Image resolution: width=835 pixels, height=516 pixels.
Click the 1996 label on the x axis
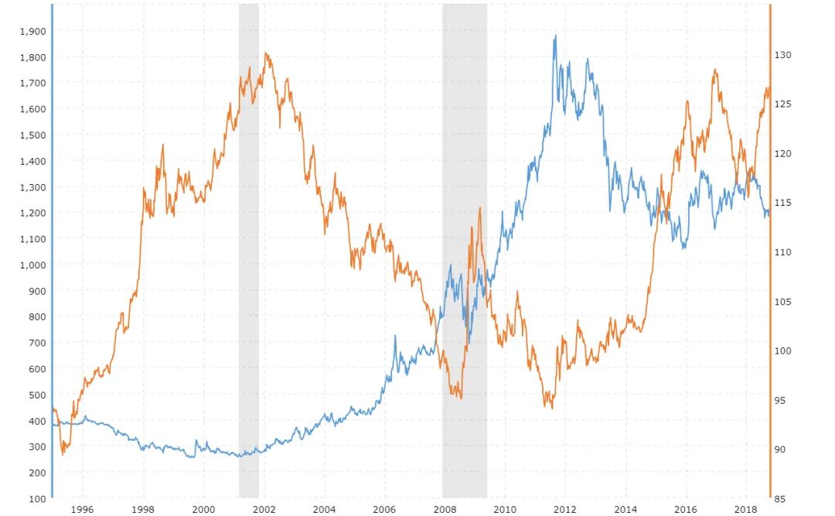pos(82,508)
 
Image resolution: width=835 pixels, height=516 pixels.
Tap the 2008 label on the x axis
pos(444,508)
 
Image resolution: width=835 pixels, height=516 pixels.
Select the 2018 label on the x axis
pos(746,508)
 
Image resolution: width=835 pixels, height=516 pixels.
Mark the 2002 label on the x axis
pos(264,508)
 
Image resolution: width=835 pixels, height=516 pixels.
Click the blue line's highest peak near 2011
pos(555,36)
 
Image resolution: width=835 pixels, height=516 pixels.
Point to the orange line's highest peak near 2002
pos(265,53)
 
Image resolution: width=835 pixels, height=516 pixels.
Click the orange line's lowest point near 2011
pos(551,408)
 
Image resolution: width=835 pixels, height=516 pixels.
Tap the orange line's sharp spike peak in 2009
pos(480,208)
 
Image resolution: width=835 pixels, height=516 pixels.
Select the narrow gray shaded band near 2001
pos(248,232)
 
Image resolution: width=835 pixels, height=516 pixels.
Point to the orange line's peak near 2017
pos(715,70)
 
